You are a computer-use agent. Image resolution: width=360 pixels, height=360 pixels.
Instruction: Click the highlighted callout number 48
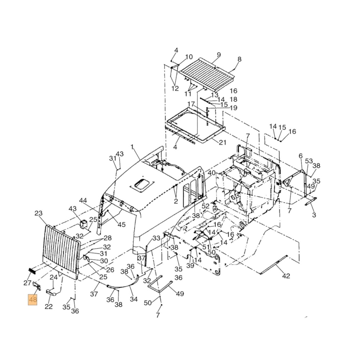tap(33, 300)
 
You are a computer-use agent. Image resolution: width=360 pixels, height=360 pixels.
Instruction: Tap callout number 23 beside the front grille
tap(39, 213)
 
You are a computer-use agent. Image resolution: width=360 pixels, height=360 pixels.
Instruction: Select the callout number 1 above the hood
tap(132, 147)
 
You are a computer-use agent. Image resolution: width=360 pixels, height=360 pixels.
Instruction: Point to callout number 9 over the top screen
tap(219, 55)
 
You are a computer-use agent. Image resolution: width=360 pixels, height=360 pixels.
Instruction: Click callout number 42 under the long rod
tap(285, 276)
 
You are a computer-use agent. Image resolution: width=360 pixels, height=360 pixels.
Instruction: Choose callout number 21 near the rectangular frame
tap(222, 143)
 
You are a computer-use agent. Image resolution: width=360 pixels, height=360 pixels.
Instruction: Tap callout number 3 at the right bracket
tap(314, 215)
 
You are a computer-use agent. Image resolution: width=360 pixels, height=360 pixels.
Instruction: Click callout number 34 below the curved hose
tap(134, 299)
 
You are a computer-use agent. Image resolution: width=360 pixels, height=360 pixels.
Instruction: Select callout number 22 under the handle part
tap(49, 306)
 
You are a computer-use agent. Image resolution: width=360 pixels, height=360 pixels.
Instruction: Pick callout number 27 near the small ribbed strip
tap(28, 283)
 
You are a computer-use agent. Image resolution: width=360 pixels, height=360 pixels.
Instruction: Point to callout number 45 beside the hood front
tap(121, 225)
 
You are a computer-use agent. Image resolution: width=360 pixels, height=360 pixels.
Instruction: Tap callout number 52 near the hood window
tap(205, 206)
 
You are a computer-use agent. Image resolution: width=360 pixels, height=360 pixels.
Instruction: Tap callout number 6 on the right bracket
tap(301, 156)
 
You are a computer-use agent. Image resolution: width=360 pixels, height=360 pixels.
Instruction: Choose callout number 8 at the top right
tap(239, 59)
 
